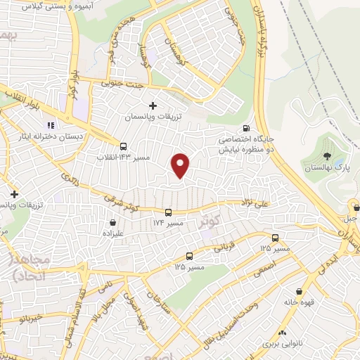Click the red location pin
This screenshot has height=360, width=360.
(181, 165)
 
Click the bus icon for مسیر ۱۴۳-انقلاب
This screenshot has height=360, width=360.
(124, 147)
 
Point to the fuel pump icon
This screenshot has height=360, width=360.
(245, 128)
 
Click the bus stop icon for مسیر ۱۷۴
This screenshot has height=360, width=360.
(168, 212)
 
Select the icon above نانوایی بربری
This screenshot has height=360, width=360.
(282, 333)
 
